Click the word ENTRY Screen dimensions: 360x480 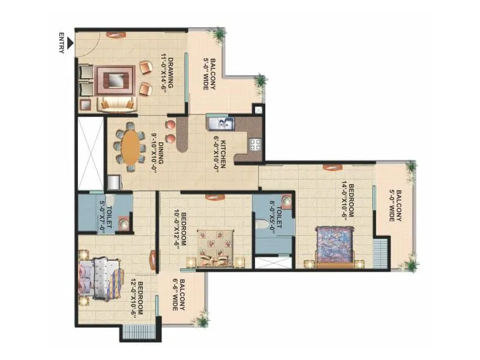coord(62,43)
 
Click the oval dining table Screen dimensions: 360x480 coord(130,147)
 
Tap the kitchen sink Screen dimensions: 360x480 coord(223,124)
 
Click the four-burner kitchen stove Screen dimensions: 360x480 coord(254,144)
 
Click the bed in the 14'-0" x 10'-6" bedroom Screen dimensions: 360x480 coord(335,245)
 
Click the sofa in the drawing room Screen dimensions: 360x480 coord(116,103)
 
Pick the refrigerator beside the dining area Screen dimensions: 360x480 coord(113,182)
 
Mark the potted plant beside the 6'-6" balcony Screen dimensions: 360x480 coord(202,321)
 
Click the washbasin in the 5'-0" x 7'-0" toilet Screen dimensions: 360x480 coord(124,224)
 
